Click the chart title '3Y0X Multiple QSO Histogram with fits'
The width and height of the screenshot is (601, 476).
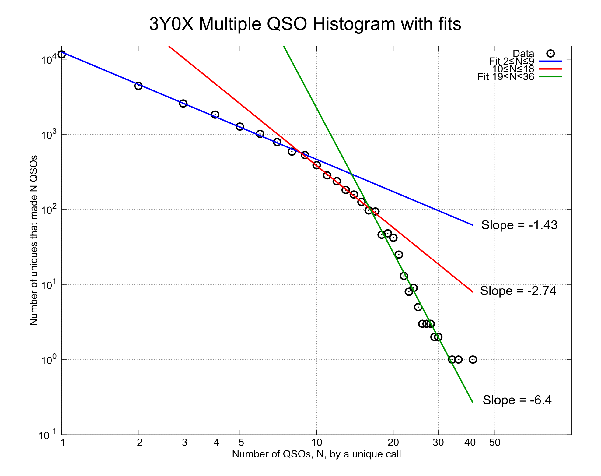coord(305,24)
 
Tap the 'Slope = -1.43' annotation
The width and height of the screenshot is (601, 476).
coord(519,225)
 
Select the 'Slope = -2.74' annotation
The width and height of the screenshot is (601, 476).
coord(518,291)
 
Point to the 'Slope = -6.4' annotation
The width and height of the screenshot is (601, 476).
coord(517,400)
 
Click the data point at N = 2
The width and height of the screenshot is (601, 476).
coord(138,86)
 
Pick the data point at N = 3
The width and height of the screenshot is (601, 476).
coord(183,104)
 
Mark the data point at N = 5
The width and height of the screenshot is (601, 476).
coord(240,127)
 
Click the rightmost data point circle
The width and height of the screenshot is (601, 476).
coord(473,360)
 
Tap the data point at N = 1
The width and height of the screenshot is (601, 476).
coord(62,55)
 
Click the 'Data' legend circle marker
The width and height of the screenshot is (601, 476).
coord(550,54)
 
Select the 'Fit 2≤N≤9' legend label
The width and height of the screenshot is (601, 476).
coord(511,61)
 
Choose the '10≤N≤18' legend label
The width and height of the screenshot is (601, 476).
coord(513,69)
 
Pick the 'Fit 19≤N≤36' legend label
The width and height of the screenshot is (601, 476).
coord(505,77)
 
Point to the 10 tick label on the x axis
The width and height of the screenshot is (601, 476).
coord(316,442)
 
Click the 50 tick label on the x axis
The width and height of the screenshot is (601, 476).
coord(494,442)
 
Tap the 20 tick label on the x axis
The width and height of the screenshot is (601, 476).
coord(393,442)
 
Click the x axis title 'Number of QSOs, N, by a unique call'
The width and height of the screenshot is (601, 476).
coord(316,454)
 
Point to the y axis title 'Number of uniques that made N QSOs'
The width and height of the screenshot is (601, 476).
coord(34,240)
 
